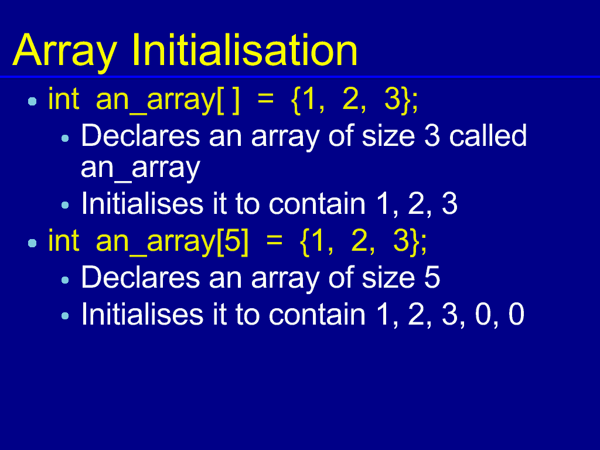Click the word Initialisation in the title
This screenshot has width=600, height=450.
point(245,50)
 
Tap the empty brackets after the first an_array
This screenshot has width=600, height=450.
point(228,100)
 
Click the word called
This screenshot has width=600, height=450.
point(488,135)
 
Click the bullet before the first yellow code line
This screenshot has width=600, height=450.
point(33,101)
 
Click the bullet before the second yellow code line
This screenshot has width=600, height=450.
point(33,243)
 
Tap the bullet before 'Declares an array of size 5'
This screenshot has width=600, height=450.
point(65,280)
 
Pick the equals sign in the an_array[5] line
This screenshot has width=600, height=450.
point(274,243)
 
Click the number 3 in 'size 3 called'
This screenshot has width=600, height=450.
point(432,136)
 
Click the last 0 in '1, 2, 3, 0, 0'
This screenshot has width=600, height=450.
point(516,314)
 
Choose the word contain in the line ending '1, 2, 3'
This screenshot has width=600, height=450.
point(317,203)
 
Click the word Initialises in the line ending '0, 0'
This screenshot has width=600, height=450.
point(142,314)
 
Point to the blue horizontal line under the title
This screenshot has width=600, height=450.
point(300,77)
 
